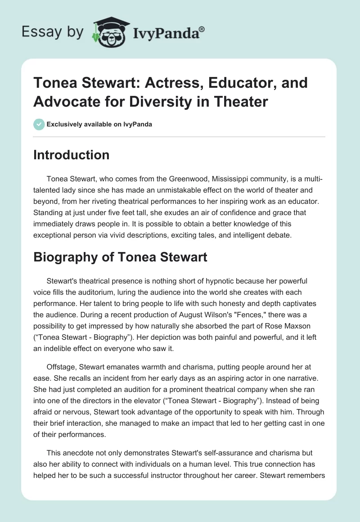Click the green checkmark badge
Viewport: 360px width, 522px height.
[x=39, y=124]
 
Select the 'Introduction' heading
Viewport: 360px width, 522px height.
[x=72, y=155]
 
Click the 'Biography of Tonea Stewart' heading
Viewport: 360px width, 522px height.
[x=120, y=257]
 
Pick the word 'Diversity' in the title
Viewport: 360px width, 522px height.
[x=151, y=101]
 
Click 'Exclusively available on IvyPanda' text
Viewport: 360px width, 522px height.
[x=100, y=124]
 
